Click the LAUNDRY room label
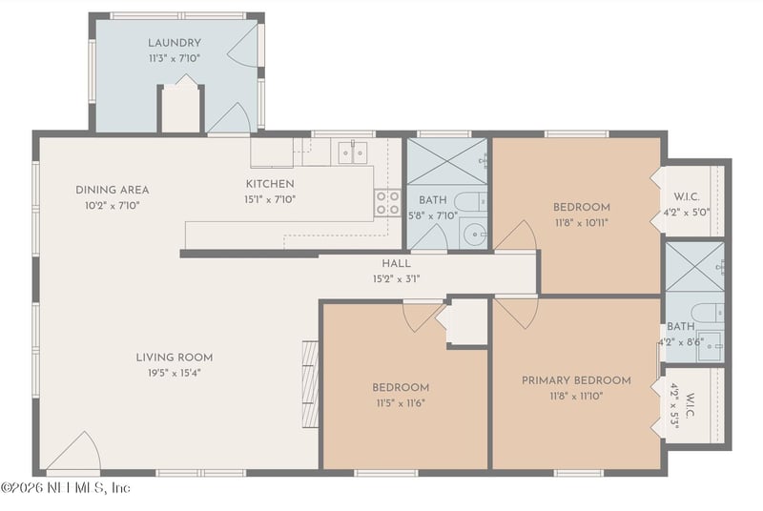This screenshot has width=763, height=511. [174, 43]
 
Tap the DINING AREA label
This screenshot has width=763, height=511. [112, 190]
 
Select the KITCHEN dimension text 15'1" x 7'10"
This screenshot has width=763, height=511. [271, 198]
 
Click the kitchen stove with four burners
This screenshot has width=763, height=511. [387, 202]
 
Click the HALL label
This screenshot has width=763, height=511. [396, 264]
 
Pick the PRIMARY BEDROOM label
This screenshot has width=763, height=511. [575, 380]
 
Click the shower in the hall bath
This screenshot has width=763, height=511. [446, 161]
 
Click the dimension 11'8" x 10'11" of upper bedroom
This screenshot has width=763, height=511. [581, 222]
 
